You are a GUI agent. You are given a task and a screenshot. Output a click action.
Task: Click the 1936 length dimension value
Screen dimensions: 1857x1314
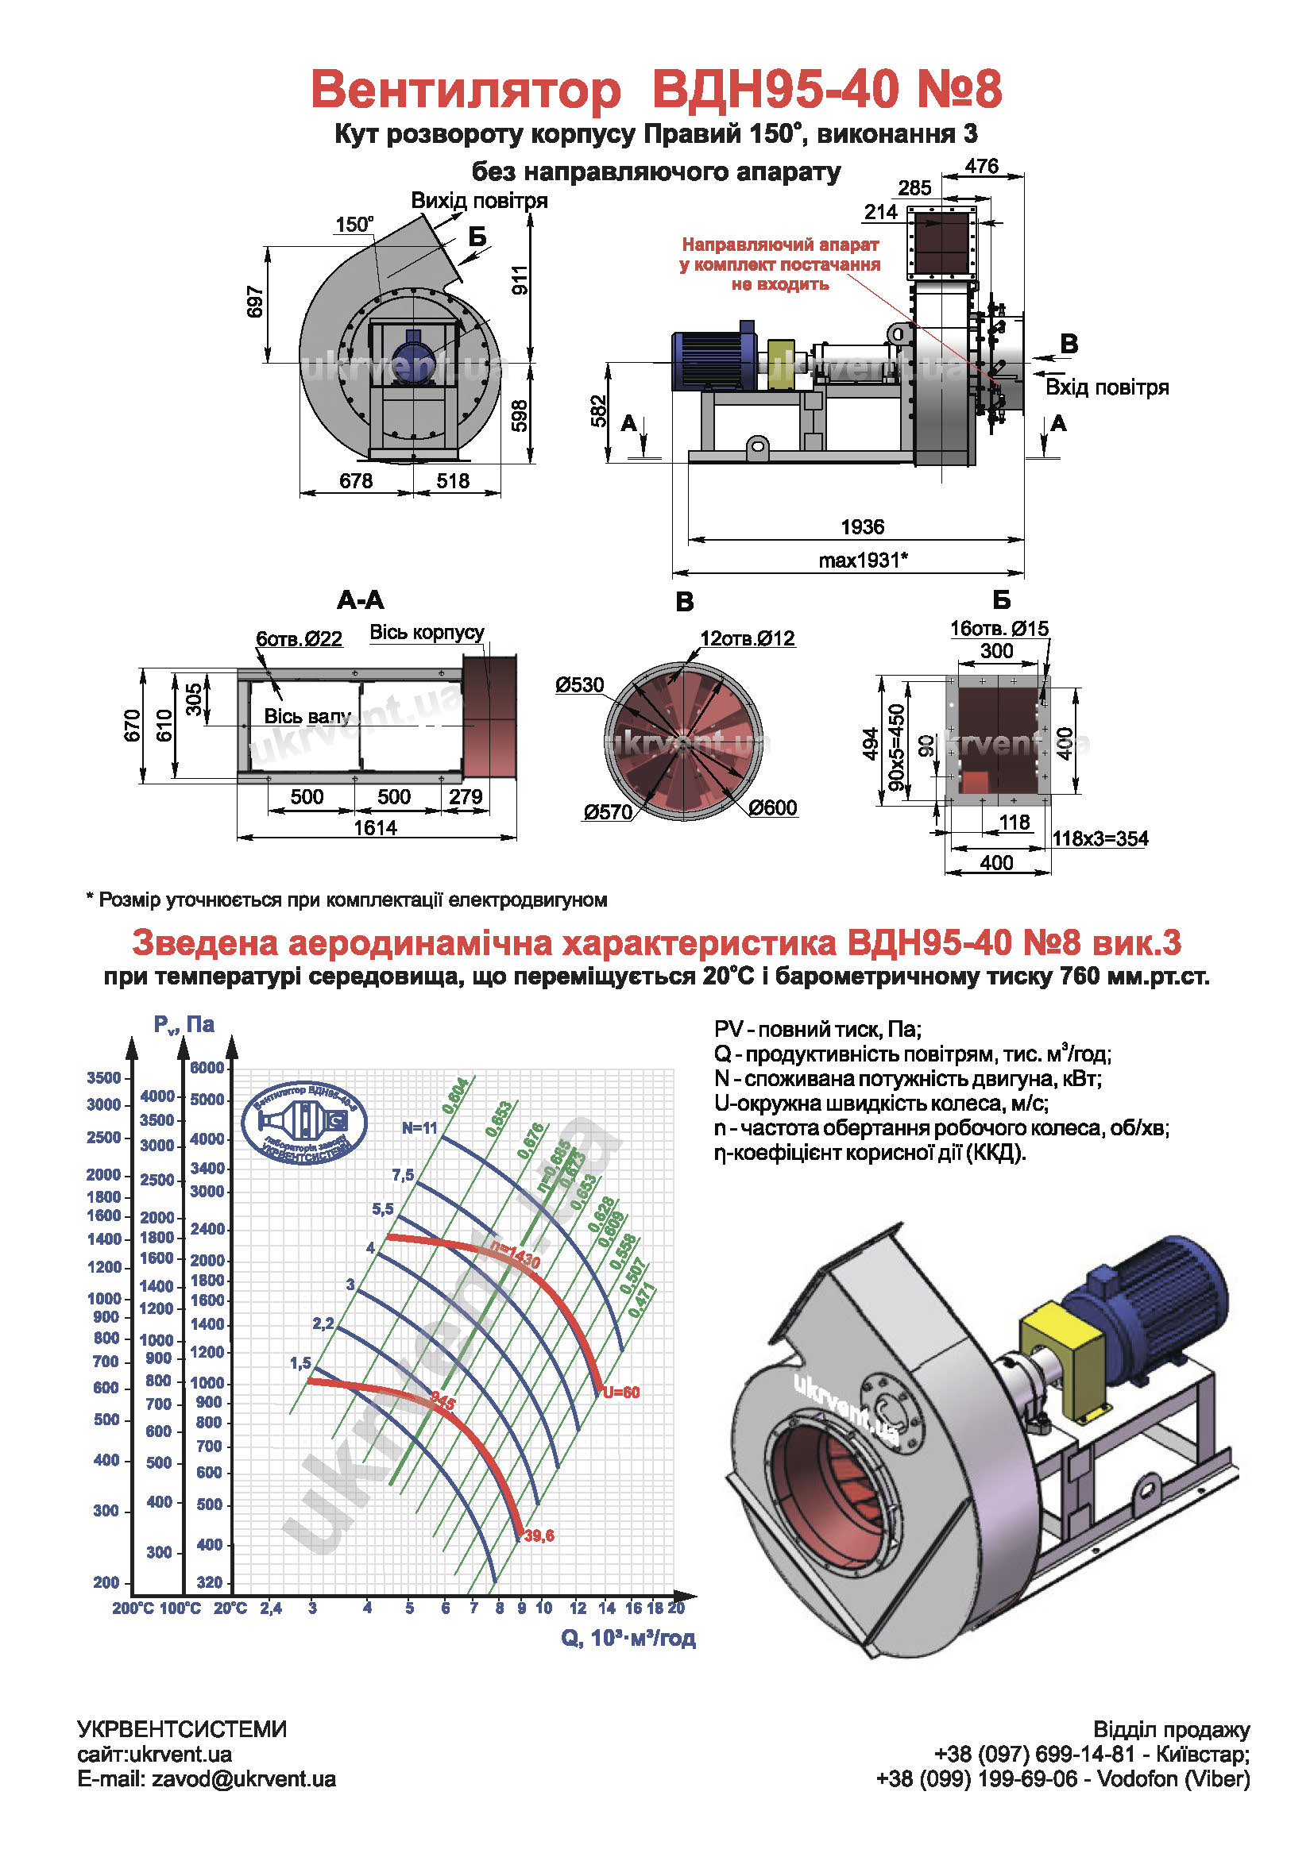point(863,527)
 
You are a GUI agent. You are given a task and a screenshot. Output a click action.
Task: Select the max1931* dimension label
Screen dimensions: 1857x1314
point(863,561)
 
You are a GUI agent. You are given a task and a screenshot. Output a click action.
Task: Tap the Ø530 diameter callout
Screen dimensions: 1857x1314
point(579,685)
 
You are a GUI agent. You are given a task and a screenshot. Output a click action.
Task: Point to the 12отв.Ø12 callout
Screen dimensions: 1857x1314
point(748,638)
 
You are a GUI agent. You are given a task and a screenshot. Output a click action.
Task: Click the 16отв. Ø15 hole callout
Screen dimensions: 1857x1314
point(999,629)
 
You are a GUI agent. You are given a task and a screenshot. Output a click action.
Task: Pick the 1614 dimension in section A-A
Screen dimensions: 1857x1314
point(376,827)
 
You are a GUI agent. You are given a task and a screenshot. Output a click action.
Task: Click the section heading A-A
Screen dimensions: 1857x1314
point(361,600)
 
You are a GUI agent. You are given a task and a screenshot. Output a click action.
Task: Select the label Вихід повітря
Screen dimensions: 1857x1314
point(479,201)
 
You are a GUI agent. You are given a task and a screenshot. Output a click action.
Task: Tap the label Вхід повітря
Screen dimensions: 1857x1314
point(1107,387)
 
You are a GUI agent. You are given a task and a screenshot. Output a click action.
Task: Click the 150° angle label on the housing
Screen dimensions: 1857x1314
point(354,225)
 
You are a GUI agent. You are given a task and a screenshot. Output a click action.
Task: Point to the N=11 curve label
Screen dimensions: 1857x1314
point(419,1128)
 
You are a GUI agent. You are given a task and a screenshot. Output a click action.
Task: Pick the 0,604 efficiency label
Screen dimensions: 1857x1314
point(454,1096)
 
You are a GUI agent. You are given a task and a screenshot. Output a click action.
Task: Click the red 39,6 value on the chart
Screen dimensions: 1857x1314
point(539,1535)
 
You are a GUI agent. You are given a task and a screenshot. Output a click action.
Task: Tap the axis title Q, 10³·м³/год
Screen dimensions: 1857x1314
point(628,1638)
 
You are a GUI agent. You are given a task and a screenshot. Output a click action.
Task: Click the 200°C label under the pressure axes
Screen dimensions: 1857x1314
point(133,1608)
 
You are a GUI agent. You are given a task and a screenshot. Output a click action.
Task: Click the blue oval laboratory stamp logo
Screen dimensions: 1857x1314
point(304,1122)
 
